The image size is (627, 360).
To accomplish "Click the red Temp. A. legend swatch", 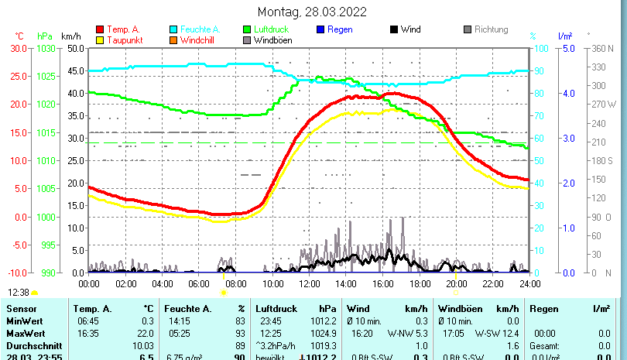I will pos(100,29).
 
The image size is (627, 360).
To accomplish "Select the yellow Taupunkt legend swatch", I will pos(100,39).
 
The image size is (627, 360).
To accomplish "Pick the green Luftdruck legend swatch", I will pos(247,29).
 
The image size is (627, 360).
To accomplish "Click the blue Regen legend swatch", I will pos(320,29).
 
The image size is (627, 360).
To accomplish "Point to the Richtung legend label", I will pos(491,29).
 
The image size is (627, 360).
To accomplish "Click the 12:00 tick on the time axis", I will pos(309,283).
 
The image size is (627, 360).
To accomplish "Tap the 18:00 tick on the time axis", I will pos(419,283).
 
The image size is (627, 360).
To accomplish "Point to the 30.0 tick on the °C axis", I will pos(19,48).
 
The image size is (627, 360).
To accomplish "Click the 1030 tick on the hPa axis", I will pos(46,48).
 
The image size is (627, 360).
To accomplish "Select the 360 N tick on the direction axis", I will pos(601,48).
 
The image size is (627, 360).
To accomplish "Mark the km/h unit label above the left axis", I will pos(70,36).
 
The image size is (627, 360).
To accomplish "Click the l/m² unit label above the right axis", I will pos(564,36).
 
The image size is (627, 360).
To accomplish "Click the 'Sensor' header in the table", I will pos(21,309).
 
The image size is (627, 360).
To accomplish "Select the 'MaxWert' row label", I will pos(26,333).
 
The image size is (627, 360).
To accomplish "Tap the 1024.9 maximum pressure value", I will pos(320,333).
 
